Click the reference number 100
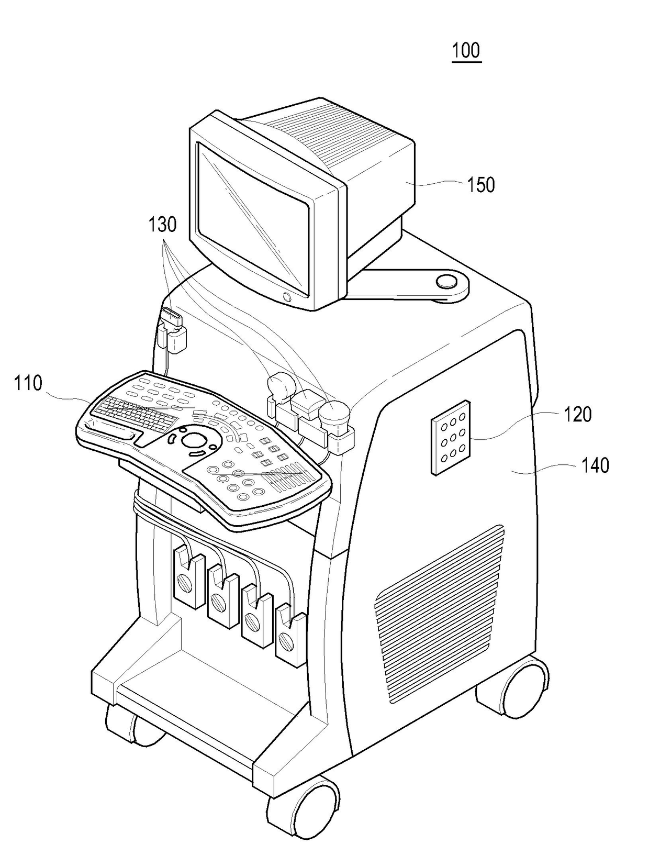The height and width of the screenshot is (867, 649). click(x=466, y=50)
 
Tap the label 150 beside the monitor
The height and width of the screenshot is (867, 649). click(x=480, y=184)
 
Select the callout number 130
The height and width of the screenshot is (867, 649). click(x=162, y=225)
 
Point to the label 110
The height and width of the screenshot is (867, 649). click(x=28, y=383)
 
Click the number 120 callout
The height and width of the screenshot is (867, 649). click(x=577, y=414)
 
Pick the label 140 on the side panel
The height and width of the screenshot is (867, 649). click(x=595, y=465)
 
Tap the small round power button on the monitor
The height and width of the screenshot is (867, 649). click(x=286, y=297)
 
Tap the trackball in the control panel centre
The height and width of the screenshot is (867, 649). click(x=194, y=439)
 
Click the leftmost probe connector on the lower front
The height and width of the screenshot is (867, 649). click(x=188, y=579)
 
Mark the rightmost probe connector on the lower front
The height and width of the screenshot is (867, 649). click(x=290, y=636)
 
